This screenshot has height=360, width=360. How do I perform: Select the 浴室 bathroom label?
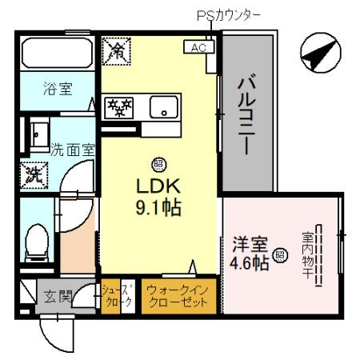click(x=57, y=90)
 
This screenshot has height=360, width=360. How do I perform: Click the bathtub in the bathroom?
click(x=57, y=54)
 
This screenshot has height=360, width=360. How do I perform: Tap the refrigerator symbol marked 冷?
click(x=117, y=52)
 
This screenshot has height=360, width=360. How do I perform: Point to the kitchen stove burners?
click(x=121, y=106)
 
